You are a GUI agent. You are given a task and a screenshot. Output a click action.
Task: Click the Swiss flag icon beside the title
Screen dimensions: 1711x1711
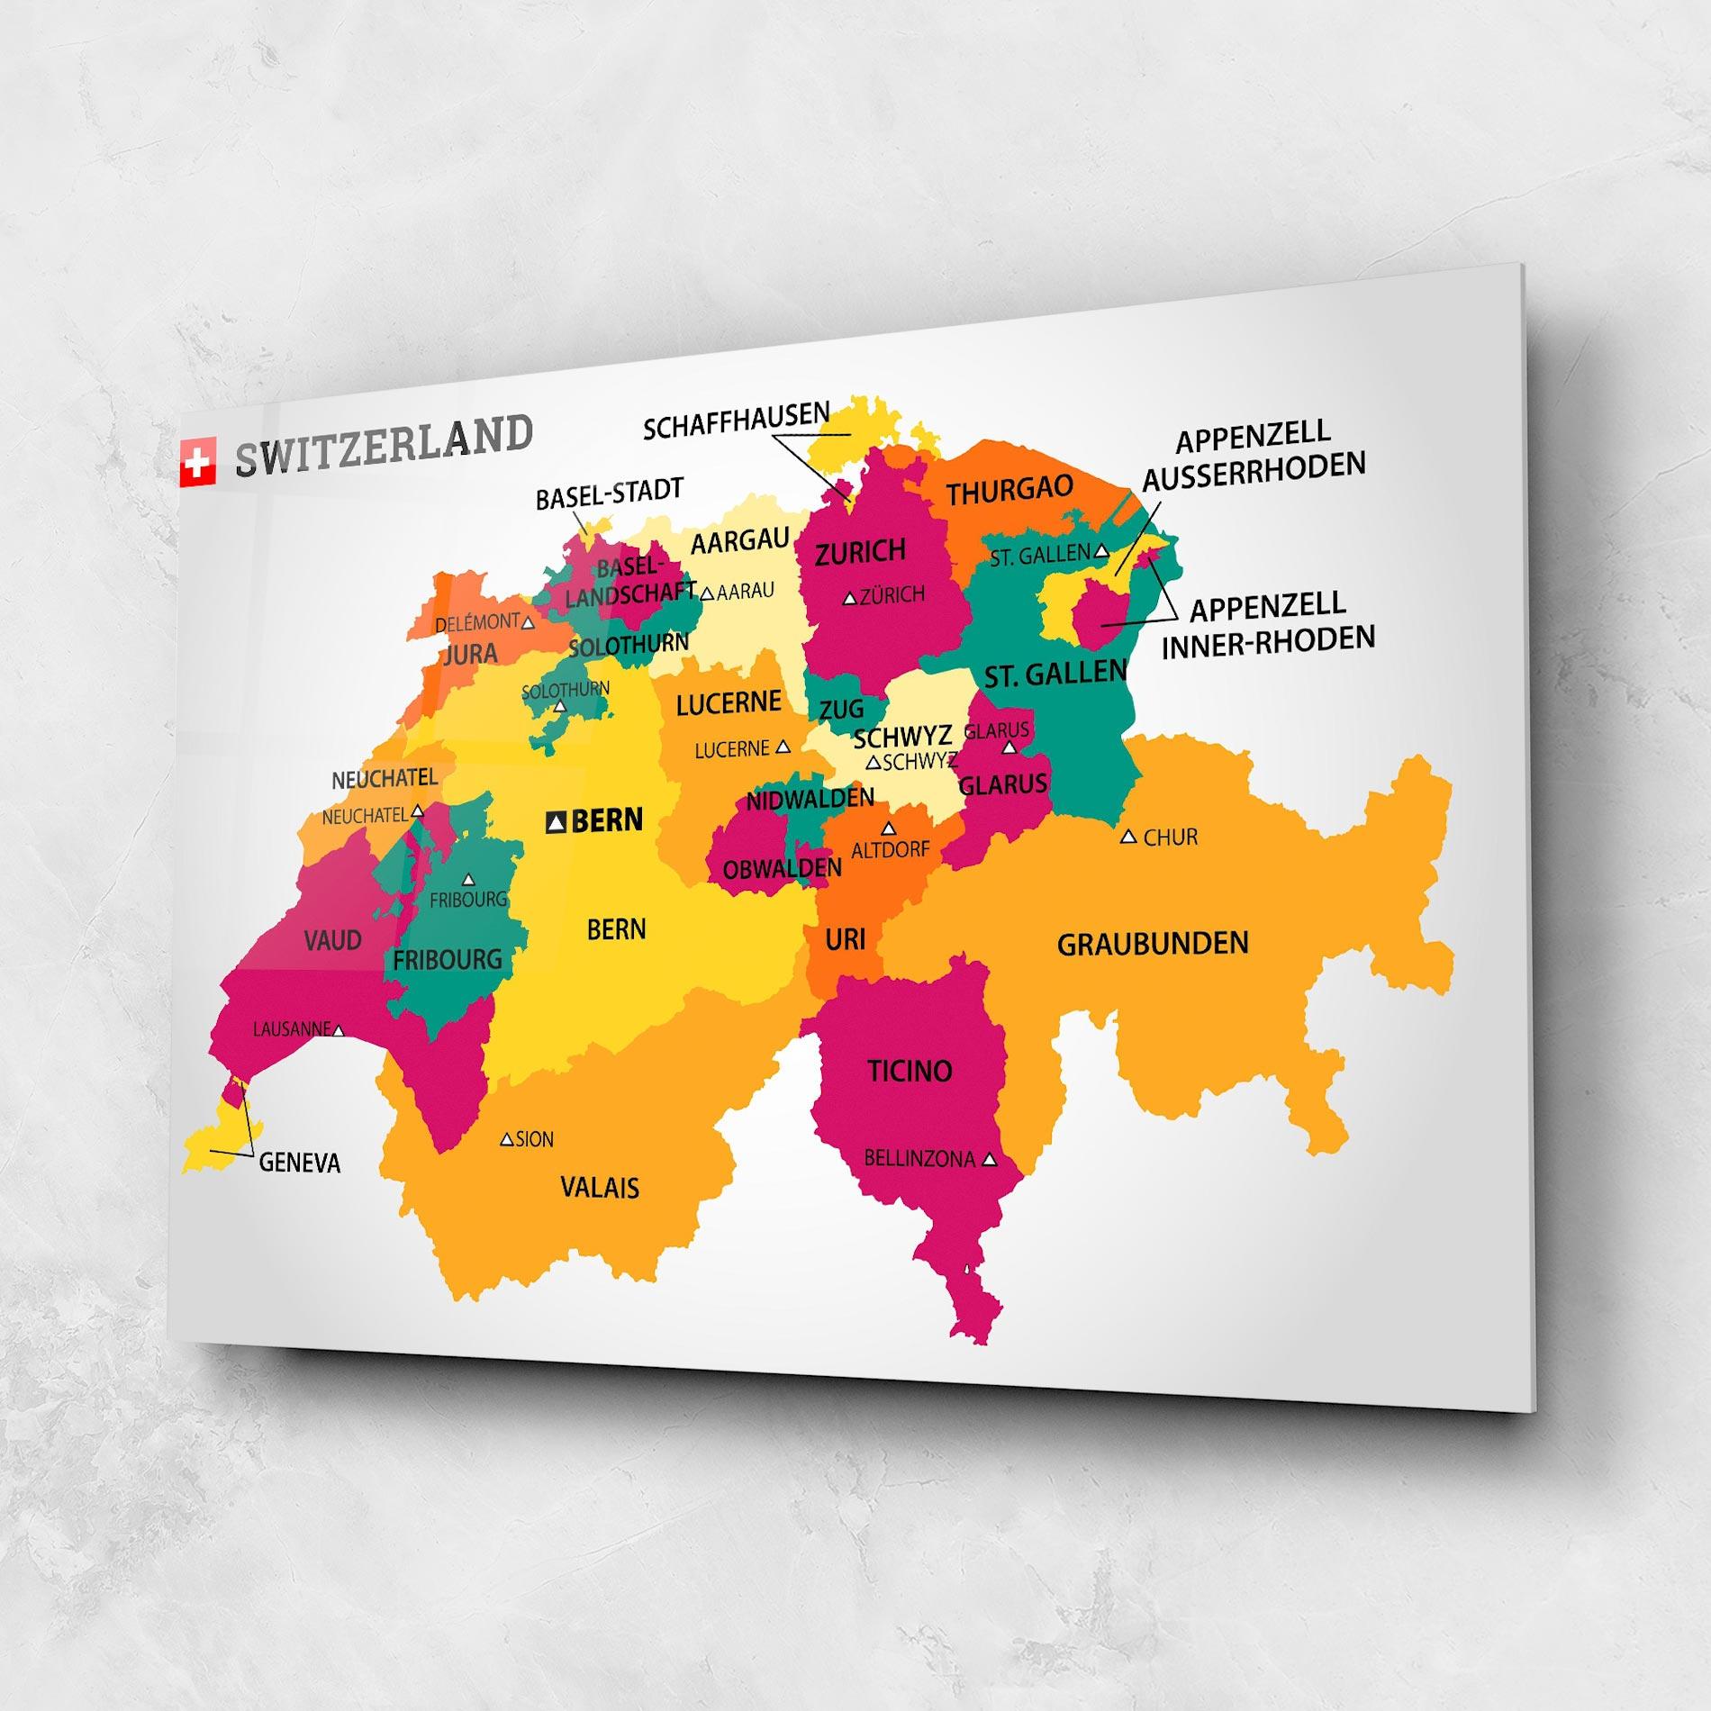tap(197, 463)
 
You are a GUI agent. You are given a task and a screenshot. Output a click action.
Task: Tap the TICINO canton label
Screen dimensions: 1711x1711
tap(910, 1071)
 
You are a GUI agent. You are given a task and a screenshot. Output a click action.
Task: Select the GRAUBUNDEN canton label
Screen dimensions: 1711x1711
tap(1153, 945)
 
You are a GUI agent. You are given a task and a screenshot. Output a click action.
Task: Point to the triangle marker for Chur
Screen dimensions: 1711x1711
tap(1127, 837)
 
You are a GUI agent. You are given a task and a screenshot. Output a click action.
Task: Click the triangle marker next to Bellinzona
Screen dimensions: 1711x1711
tap(990, 1161)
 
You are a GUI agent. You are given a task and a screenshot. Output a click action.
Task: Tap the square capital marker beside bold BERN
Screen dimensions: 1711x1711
tap(557, 821)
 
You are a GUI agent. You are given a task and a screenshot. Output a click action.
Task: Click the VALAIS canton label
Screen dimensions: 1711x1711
tap(600, 1188)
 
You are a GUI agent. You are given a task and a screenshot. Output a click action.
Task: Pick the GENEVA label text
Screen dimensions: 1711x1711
tap(300, 1163)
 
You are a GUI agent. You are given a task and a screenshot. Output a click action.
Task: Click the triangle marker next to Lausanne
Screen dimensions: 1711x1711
tap(339, 1030)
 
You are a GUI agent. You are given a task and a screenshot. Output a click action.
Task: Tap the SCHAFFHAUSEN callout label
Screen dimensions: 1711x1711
tap(736, 421)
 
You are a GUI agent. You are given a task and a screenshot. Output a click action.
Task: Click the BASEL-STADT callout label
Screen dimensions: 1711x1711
tap(610, 494)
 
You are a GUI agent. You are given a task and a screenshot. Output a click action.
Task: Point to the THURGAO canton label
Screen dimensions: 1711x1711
tap(1009, 491)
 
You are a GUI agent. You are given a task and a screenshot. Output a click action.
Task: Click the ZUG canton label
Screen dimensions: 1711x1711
tap(841, 710)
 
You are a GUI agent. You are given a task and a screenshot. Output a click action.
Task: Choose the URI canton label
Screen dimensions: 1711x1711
tap(845, 940)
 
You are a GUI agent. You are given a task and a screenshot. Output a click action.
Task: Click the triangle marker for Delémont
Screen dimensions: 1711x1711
tap(529, 622)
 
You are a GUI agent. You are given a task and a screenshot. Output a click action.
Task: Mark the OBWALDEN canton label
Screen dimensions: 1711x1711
tap(782, 869)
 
